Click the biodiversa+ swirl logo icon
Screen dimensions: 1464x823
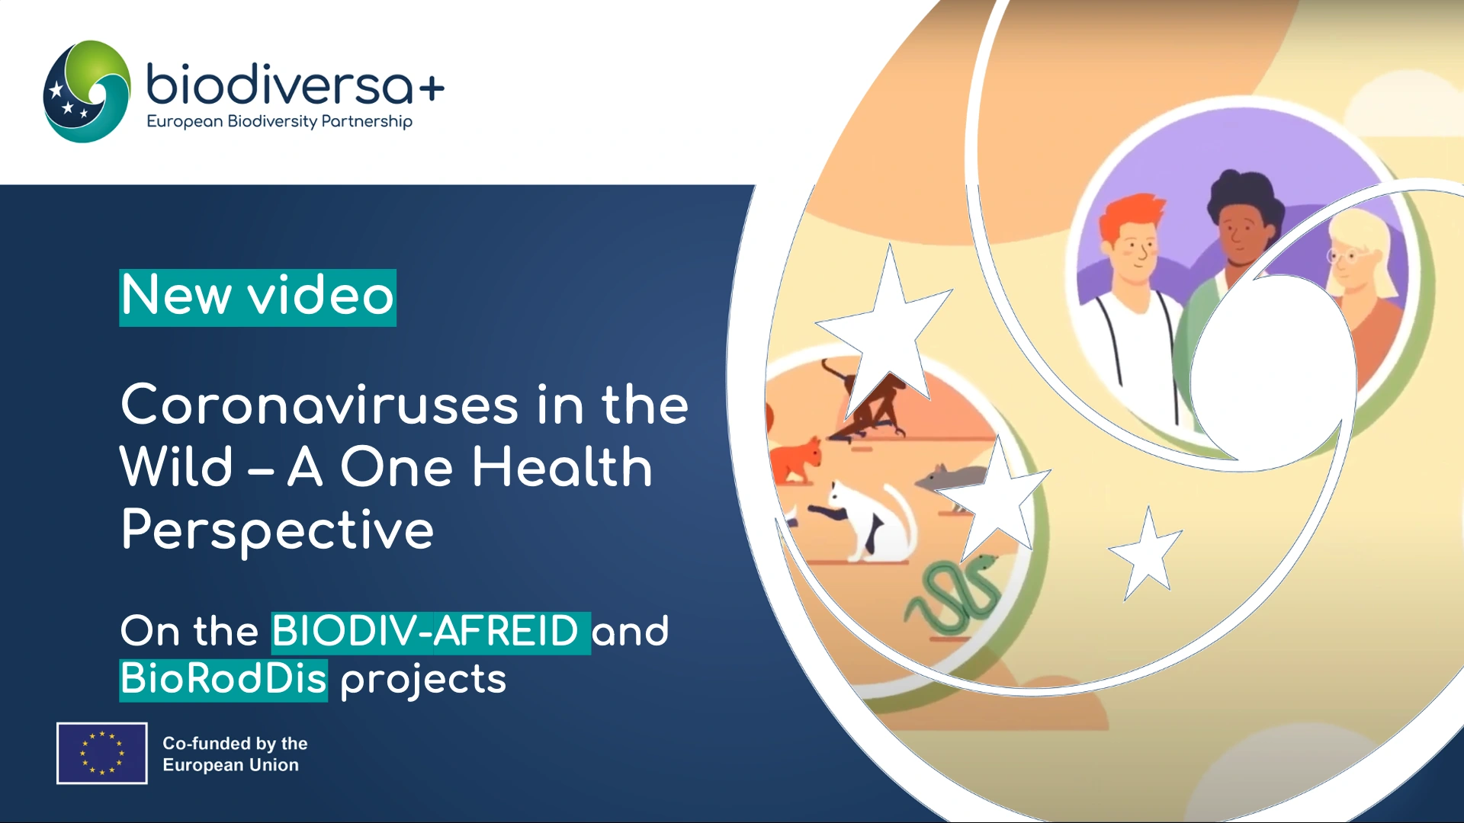86,91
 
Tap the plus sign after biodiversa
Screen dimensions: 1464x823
432,89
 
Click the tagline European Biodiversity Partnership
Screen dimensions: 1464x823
279,122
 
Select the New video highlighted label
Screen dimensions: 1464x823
258,297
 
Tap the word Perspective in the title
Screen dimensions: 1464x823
278,530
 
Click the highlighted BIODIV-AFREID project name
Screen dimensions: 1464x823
431,632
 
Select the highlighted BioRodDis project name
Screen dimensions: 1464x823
223,680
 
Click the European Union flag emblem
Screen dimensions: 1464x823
102,753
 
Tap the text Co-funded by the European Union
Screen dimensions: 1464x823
235,754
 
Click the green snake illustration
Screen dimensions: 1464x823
953,594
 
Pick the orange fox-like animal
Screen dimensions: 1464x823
796,460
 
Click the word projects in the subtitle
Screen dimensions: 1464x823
423,680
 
